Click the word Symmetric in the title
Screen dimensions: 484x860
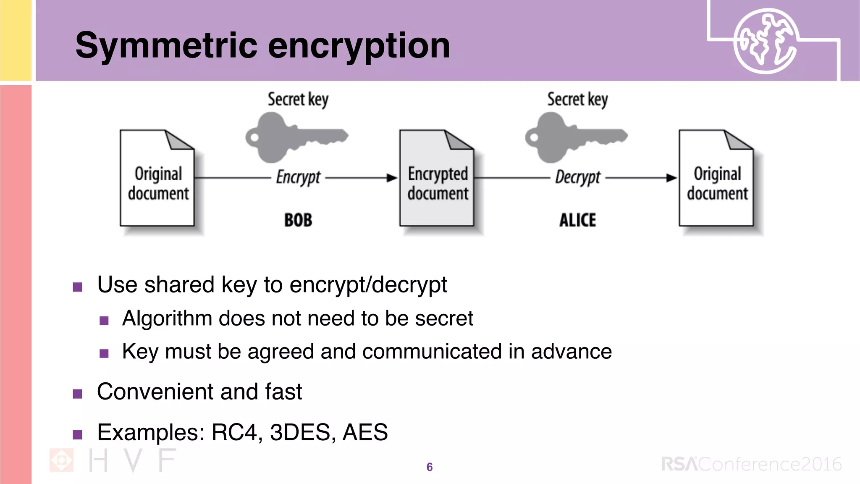tap(166, 46)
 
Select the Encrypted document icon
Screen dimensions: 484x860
tap(437, 179)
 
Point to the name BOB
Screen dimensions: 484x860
tap(298, 220)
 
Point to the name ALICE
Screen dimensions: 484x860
tap(577, 220)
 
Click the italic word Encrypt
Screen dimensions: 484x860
tap(298, 177)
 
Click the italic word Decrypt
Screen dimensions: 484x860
tap(578, 177)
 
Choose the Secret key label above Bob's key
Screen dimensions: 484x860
tap(298, 100)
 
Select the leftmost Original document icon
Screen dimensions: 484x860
tap(157, 179)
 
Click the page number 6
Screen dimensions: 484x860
tap(429, 467)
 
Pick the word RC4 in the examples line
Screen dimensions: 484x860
tap(234, 432)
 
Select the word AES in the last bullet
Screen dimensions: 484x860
tap(365, 432)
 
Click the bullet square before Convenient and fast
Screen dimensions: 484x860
tap(78, 394)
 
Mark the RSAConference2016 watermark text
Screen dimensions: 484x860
tap(751, 464)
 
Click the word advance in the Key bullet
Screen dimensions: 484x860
tap(571, 352)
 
